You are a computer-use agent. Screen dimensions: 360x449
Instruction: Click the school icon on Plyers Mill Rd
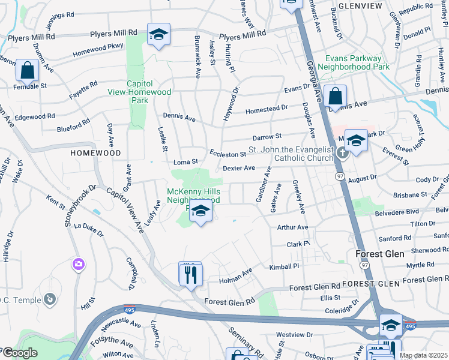(158, 35)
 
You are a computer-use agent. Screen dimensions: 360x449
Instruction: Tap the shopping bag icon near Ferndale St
(28, 71)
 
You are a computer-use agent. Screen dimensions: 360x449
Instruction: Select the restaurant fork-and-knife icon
(191, 274)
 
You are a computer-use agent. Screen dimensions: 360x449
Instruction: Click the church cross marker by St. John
(342, 152)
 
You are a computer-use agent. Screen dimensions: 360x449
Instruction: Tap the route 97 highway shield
(340, 176)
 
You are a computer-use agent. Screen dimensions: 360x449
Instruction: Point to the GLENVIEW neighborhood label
(360, 5)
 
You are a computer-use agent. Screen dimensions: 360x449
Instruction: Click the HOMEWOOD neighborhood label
(96, 153)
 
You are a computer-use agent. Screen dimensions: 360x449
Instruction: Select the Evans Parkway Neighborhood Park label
(353, 62)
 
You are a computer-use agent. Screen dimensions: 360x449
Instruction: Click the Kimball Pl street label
(284, 266)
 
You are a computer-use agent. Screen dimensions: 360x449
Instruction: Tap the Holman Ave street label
(235, 275)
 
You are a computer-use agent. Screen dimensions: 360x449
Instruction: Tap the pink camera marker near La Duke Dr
(79, 264)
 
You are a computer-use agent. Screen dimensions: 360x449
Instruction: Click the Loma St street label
(185, 162)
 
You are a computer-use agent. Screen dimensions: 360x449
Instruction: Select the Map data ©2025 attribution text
(423, 355)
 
